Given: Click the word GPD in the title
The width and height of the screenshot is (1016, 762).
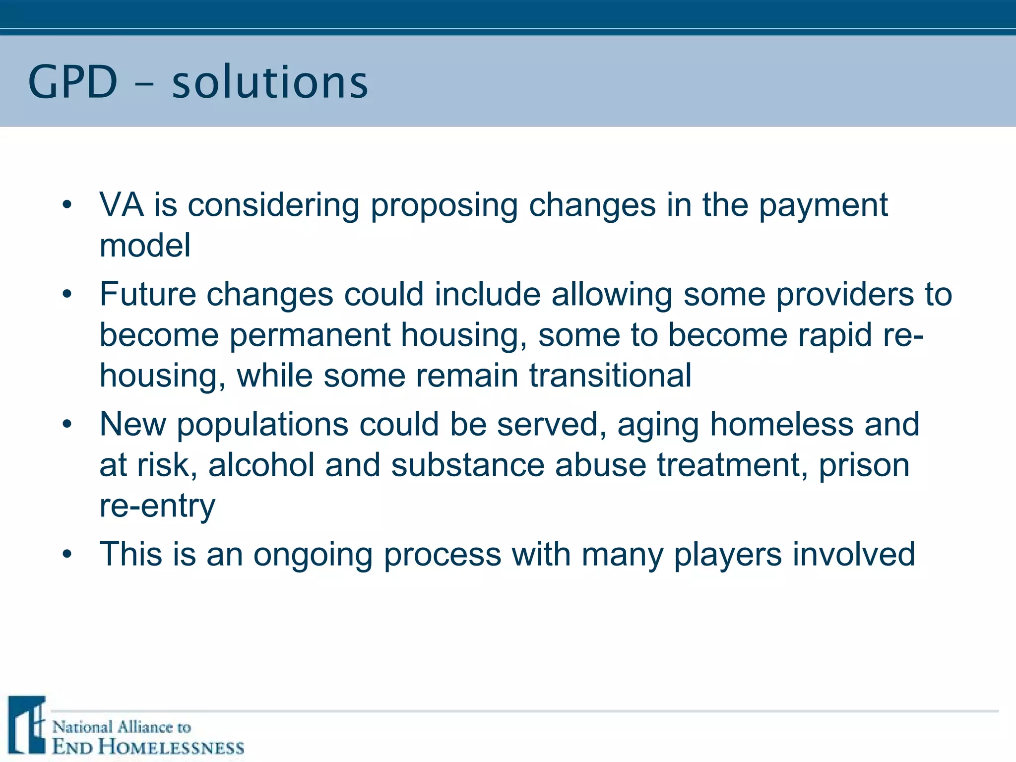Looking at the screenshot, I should coord(72,82).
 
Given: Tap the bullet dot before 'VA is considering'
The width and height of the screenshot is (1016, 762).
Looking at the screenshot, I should coord(67,204).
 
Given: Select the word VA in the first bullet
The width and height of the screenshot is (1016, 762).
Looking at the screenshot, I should coord(122,204).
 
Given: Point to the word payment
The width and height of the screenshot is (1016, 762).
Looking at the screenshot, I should coord(823,205).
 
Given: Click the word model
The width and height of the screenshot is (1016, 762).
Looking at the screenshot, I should coord(145,245).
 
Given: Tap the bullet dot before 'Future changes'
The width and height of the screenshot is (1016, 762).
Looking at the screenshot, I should coord(67,294).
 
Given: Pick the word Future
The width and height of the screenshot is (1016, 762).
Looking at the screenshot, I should coord(147,294).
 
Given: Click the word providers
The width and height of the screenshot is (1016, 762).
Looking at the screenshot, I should coord(844,295).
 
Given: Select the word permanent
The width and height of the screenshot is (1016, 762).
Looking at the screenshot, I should coord(310,335).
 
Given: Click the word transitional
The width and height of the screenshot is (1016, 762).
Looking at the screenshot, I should coord(610,375).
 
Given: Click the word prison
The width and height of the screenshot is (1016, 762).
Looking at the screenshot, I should coord(864,466).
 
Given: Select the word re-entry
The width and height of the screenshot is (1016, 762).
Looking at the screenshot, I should coord(157,506).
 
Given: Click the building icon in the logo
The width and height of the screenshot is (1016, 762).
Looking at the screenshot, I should coord(27,725).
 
